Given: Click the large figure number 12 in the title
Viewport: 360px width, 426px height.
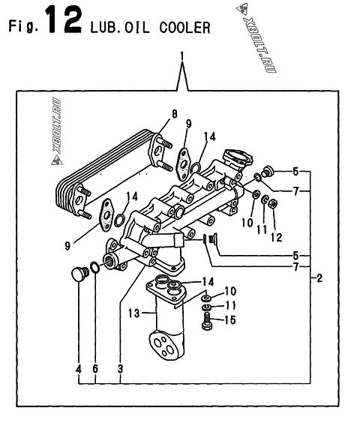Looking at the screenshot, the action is pos(64,19).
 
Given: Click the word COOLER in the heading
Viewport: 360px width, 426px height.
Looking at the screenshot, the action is pos(184,28).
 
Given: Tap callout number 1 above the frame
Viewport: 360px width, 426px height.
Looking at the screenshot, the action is pos(182,56).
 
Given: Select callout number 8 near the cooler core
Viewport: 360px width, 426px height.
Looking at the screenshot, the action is pos(174,114).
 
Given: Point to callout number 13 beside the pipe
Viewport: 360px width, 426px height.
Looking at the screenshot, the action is pos(134,313).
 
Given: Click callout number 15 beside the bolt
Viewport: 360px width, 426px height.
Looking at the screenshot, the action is pos(229,319).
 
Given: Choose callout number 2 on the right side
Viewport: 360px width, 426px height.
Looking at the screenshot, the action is pos(319,278).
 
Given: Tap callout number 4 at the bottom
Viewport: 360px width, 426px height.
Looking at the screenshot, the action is pos(79,369).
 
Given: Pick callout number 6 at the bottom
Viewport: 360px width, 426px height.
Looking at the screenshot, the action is pos(95,369).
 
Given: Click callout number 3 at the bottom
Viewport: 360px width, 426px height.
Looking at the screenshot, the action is pos(120,369).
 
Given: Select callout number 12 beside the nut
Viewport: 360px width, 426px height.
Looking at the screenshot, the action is pos(277,238).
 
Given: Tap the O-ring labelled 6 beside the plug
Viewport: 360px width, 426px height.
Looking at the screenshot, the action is pos(94,267).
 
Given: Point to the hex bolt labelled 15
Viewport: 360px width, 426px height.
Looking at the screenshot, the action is pos(207,321).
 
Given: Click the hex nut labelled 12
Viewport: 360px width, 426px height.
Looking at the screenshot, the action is pos(272,203).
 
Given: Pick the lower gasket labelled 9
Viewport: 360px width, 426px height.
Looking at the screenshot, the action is pos(106,215).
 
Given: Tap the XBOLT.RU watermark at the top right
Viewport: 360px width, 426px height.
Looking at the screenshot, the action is pos(256,38).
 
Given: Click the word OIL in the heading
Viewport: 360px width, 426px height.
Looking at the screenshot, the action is pos(137,28).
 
